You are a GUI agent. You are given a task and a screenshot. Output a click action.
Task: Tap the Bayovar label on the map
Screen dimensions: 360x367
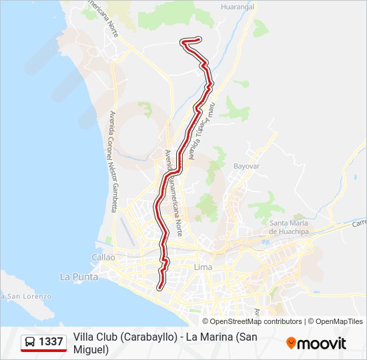tap(246, 165)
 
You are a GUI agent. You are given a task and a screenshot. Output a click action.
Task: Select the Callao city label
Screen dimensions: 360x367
tap(103, 257)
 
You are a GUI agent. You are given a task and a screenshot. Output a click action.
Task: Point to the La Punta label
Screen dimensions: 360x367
tap(79, 276)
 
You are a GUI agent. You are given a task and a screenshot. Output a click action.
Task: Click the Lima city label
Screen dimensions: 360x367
tap(202, 267)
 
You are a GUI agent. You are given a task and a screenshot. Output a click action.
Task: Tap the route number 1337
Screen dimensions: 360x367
tap(51, 342)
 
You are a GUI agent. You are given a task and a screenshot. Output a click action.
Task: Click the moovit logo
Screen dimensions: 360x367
tap(316, 343)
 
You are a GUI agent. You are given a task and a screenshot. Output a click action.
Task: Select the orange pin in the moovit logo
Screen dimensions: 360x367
tap(291, 343)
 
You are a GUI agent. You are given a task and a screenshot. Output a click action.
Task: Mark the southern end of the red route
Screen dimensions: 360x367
tap(159, 288)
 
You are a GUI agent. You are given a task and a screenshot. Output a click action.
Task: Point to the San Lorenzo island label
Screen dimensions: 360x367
tap(20, 295)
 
